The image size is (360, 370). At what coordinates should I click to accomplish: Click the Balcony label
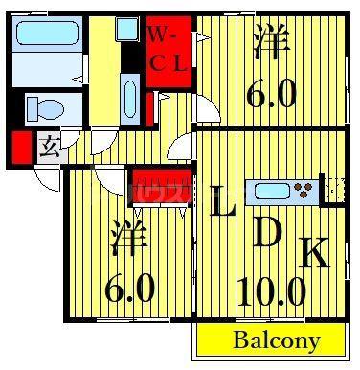pos(277,340)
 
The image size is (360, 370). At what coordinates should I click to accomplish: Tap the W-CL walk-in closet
pos(169,52)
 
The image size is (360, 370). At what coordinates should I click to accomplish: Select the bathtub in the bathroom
pos(47,33)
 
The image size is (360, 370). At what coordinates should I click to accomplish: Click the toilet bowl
pos(45,109)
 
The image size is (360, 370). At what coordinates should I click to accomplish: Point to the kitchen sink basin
pos(273,192)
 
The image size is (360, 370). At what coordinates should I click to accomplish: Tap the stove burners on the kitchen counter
pos(304,190)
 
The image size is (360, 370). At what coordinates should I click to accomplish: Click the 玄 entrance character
pos(50,147)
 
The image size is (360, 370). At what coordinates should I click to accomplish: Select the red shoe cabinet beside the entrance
pos(22,148)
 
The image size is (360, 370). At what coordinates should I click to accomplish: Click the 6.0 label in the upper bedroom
pos(272,94)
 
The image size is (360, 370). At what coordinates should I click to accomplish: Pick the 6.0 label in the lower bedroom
pos(130,289)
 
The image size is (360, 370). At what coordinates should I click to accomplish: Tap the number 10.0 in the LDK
pos(272,291)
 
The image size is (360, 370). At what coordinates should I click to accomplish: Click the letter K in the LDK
pos(314,252)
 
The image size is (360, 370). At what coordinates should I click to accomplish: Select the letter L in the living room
pos(222,201)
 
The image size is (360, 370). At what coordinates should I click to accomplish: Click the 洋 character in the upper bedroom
pos(272,42)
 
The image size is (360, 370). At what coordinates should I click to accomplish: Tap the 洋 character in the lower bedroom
pos(129,238)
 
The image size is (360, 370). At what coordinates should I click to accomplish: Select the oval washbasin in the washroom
pos(130,99)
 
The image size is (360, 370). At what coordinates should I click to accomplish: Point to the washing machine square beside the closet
pos(127,29)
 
